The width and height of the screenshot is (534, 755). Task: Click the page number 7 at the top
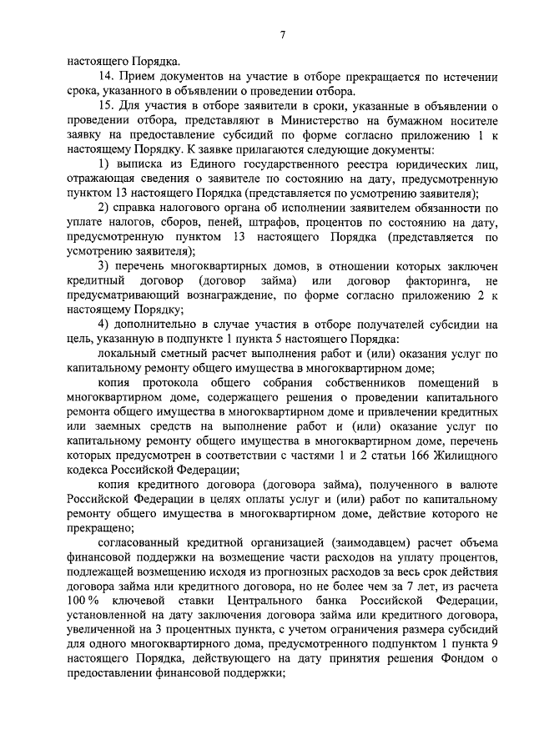283,34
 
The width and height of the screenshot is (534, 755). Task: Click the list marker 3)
103,265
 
